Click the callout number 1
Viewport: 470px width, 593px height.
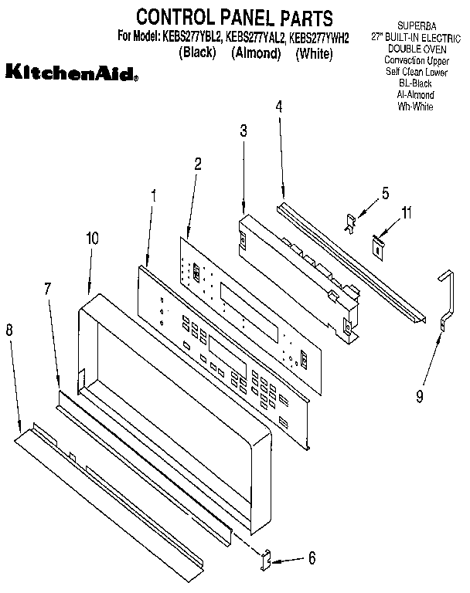pyautogui.click(x=154, y=196)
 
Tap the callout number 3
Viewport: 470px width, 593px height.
pyautogui.click(x=243, y=130)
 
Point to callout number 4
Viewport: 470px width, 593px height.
pyautogui.click(x=279, y=108)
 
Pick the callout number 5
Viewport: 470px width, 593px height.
pyautogui.click(x=385, y=194)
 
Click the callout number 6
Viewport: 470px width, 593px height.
pyautogui.click(x=312, y=557)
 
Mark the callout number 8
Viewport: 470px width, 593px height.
pyautogui.click(x=9, y=330)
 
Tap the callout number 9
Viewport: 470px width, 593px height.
pyautogui.click(x=419, y=397)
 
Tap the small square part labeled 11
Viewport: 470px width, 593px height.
pyautogui.click(x=379, y=246)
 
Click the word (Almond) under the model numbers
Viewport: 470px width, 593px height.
pyautogui.click(x=255, y=53)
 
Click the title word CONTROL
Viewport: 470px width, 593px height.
pyautogui.click(x=175, y=16)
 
